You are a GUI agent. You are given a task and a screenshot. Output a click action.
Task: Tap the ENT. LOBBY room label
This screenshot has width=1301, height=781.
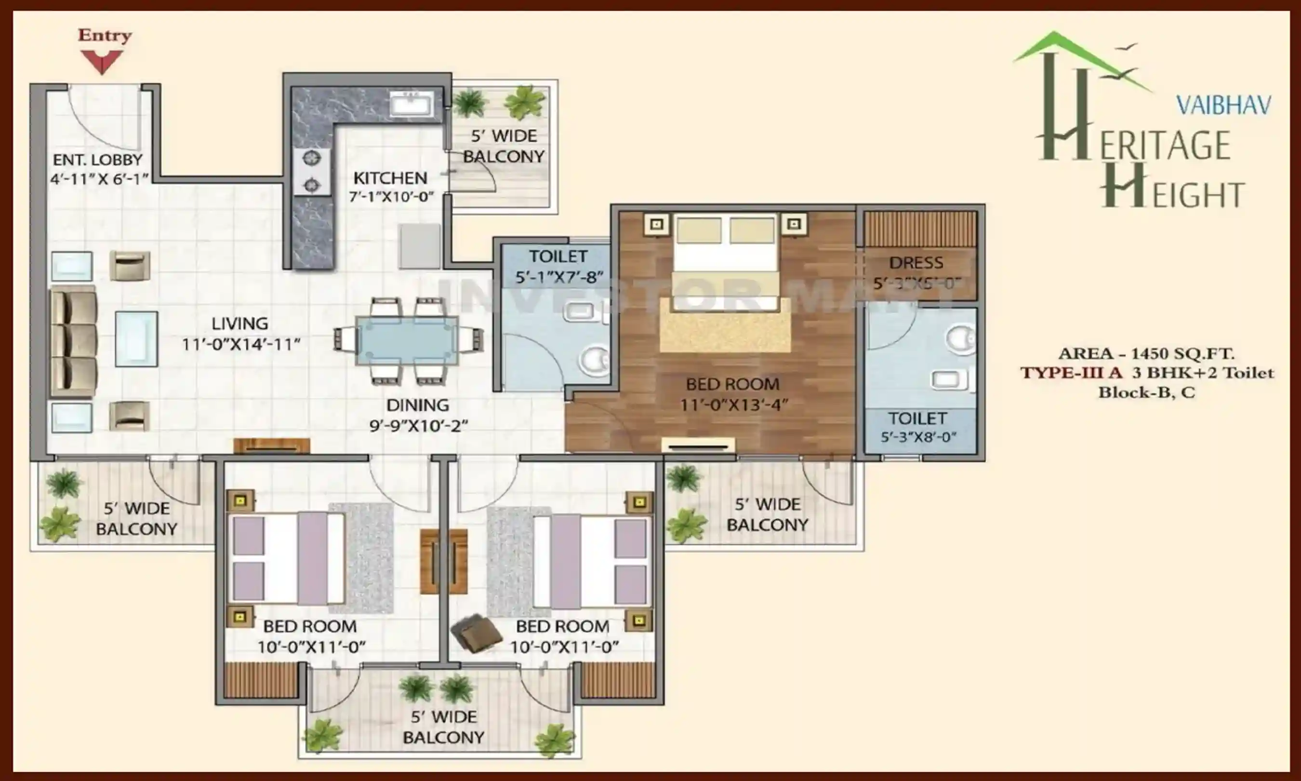98,160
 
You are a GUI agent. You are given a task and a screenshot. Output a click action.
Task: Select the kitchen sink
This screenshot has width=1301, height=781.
411,105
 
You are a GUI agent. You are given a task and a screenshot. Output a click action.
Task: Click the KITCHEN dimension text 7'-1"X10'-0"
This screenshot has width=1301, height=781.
391,197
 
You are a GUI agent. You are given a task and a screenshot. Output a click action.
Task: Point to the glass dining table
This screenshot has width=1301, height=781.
407,340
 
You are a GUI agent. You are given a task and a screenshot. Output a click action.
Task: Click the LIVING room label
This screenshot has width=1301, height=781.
240,323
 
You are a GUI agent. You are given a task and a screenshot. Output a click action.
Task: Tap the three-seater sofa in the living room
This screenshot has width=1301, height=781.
74,341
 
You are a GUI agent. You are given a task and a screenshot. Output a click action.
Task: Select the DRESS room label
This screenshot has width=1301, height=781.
916,263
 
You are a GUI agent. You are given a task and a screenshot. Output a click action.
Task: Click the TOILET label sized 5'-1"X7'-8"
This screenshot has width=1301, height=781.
558,266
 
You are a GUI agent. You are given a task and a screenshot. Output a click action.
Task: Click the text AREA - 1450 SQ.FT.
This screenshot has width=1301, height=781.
1146,353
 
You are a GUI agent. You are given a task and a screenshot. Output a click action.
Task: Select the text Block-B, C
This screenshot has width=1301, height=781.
1146,392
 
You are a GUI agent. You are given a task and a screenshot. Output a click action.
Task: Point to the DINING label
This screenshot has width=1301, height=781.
418,405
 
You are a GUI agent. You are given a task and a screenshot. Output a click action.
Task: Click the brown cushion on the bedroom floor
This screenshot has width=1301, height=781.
477,633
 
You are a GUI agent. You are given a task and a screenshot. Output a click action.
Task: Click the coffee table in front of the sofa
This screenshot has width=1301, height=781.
136,338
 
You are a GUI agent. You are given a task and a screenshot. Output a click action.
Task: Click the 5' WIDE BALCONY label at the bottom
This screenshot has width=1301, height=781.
443,727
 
